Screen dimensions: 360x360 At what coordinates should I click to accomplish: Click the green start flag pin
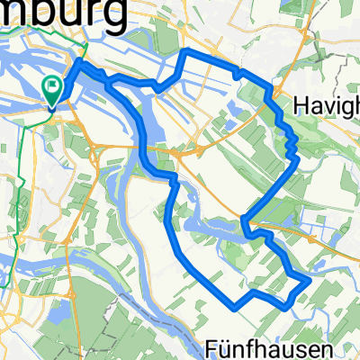coord(52,88)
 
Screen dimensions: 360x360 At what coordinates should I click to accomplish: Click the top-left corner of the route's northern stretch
coord(185,51)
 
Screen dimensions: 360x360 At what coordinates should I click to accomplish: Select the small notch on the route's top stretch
coord(238,73)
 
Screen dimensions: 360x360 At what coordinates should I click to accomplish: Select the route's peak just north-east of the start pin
coord(79,62)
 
